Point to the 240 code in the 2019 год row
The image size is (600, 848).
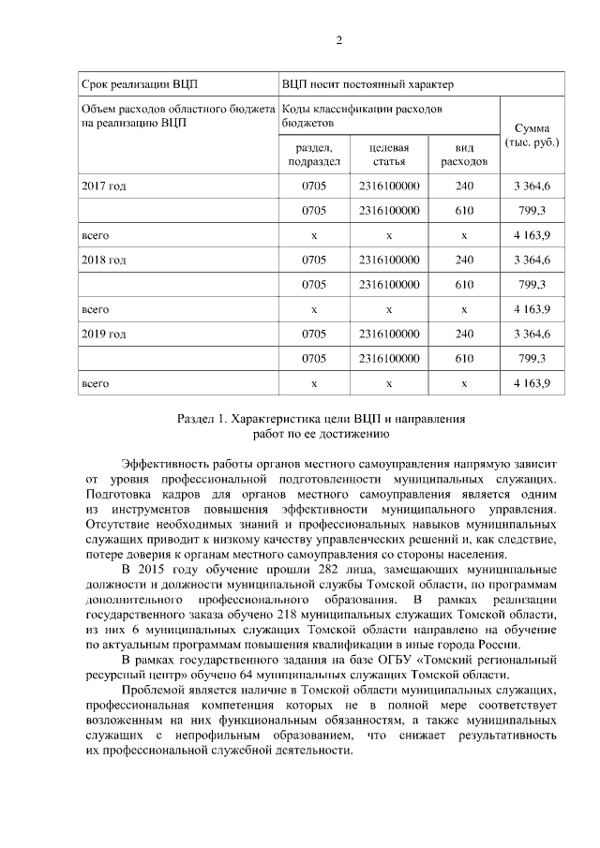click(464, 333)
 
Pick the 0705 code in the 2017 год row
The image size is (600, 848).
click(314, 186)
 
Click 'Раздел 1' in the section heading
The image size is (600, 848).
click(202, 418)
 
